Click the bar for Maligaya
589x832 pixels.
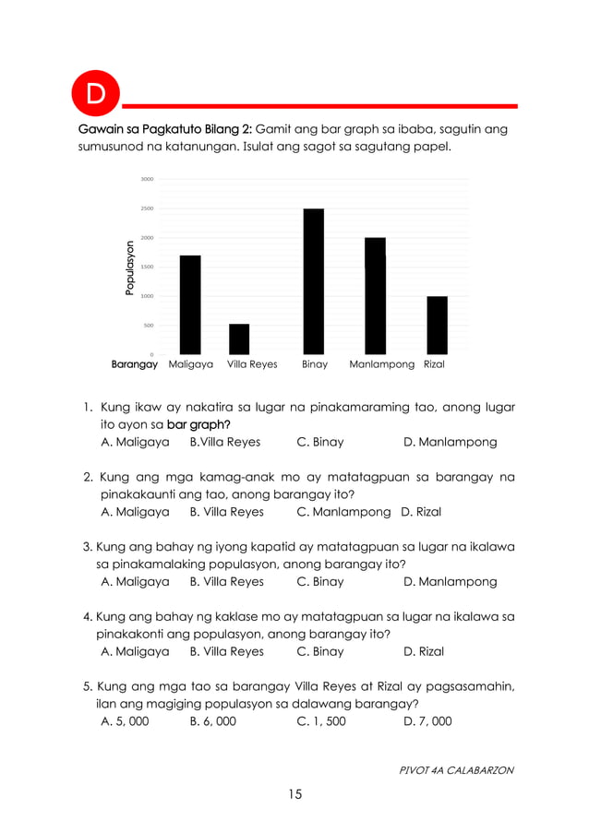tap(190, 305)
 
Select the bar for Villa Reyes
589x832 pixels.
tap(239, 339)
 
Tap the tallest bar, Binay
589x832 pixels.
tap(314, 281)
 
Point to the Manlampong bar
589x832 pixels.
tap(375, 296)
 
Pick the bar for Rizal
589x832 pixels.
tap(437, 326)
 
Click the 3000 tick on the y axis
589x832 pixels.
tap(147, 179)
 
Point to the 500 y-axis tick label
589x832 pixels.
tap(148, 326)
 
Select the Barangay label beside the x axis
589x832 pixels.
tap(135, 365)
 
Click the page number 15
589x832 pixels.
tap(294, 794)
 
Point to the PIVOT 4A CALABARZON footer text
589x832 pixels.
tap(455, 769)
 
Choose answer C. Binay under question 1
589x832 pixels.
tap(320, 443)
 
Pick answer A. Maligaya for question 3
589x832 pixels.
tap(135, 582)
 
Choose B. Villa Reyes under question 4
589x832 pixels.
tap(226, 652)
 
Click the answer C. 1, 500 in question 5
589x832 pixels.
tap(321, 721)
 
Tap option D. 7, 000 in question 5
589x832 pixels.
tap(428, 721)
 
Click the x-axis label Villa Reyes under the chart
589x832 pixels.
tap(252, 365)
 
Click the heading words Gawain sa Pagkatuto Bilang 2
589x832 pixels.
tap(162, 129)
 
